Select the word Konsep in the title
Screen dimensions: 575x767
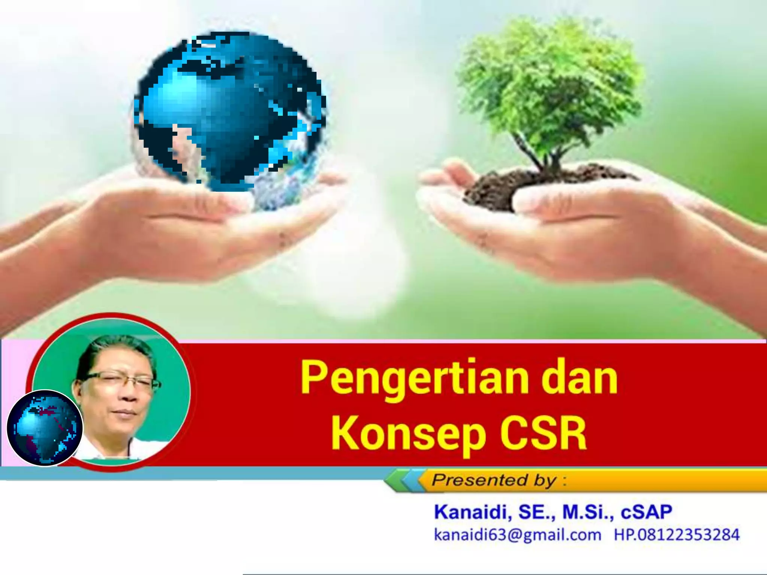(408, 434)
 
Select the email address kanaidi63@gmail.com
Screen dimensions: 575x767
(517, 535)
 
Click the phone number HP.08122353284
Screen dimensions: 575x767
(676, 535)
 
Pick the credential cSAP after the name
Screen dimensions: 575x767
(646, 512)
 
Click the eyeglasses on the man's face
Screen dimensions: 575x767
(120, 381)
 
